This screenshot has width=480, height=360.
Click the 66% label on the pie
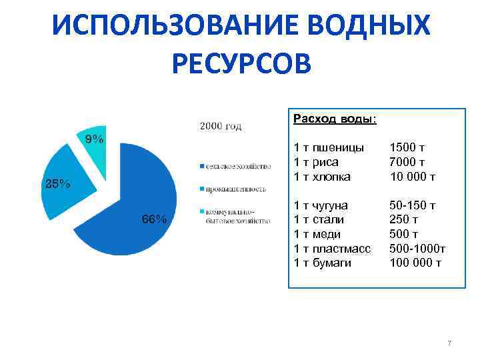[x=154, y=219]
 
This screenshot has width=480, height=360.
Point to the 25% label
[x=57, y=184]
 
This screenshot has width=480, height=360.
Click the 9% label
[x=93, y=139]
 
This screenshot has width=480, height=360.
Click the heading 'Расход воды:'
[x=334, y=119]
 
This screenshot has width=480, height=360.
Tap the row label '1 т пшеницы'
[x=329, y=147]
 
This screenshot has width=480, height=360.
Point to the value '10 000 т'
[x=412, y=177]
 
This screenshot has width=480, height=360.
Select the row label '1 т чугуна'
[x=321, y=205]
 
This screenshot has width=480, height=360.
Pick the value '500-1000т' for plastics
[x=417, y=249]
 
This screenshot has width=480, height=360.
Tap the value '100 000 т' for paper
[x=415, y=263]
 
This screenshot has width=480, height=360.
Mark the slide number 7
[x=449, y=343]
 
